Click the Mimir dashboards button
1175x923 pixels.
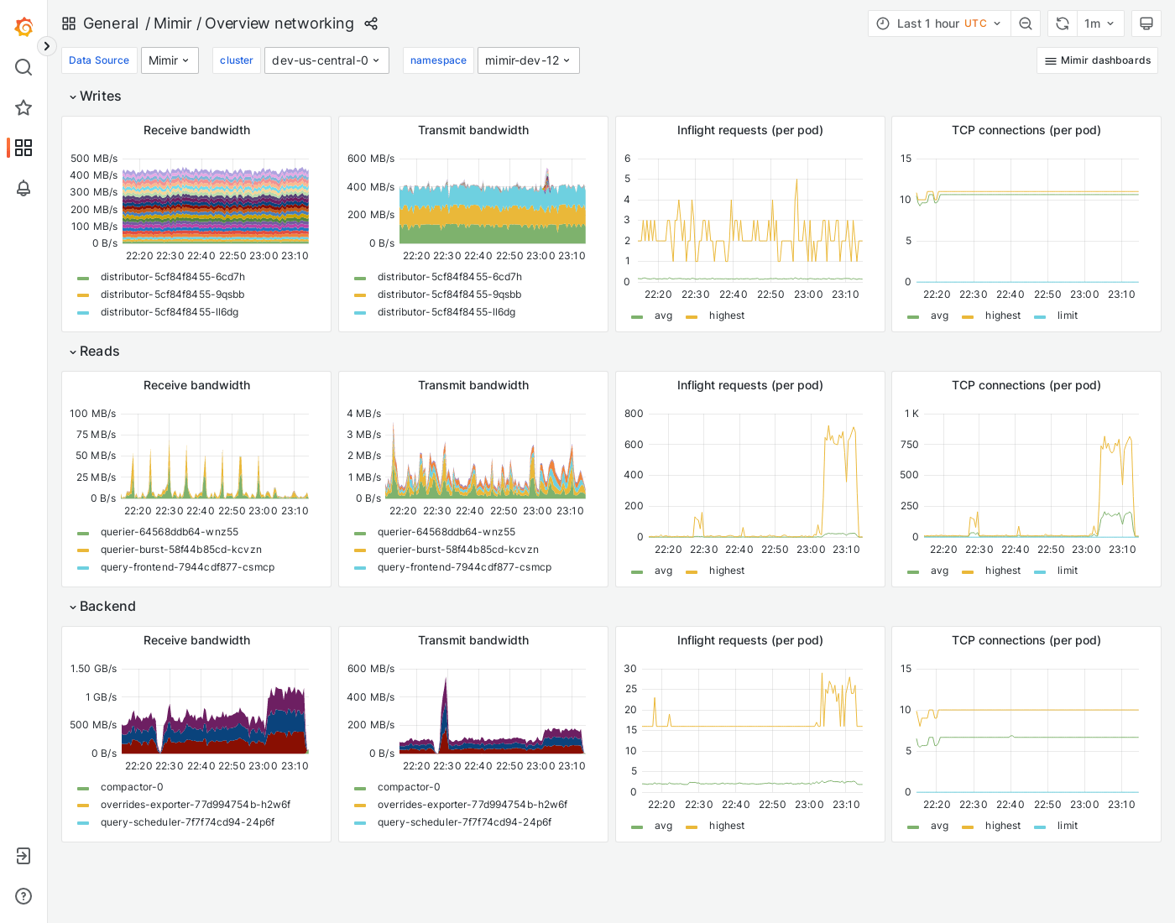click(x=1097, y=60)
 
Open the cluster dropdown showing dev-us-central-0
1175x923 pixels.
click(x=326, y=60)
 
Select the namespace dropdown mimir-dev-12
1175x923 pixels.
click(x=528, y=60)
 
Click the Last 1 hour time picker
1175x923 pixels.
click(x=939, y=23)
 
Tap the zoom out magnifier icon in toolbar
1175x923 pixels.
click(x=1026, y=23)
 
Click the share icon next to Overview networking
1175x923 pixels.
click(x=371, y=23)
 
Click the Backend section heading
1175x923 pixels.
click(x=107, y=607)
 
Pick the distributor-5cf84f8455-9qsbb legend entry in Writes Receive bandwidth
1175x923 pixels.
click(x=172, y=295)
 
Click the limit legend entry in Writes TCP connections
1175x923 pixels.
click(x=1067, y=315)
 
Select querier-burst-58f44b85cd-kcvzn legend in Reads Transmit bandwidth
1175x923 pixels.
click(x=457, y=550)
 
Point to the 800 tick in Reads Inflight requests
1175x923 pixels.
click(x=634, y=414)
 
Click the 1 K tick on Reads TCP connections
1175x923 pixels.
click(x=911, y=414)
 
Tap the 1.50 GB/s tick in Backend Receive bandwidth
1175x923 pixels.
click(x=93, y=669)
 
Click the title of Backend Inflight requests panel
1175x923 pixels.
click(x=749, y=640)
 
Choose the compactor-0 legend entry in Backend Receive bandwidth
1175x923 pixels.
click(x=132, y=787)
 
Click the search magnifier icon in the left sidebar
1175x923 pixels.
click(x=23, y=67)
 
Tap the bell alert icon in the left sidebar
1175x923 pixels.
click(x=23, y=188)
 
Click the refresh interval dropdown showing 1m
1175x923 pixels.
click(x=1099, y=23)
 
